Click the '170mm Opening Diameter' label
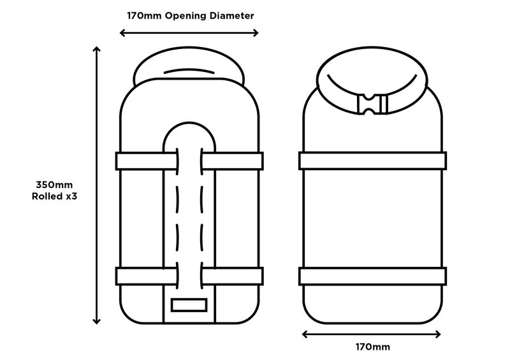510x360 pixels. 189,15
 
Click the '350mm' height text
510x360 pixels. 50,185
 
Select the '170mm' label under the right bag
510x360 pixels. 372,347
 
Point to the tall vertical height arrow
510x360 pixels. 96,185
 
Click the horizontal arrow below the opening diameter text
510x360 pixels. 189,32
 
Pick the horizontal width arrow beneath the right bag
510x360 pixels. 372,333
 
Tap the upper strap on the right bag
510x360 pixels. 372,161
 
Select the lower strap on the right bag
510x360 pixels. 372,276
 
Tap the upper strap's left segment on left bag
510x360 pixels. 145,161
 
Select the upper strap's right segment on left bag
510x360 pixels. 232,161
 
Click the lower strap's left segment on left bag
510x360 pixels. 145,276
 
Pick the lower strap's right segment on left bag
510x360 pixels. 232,276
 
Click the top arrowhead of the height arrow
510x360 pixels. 96,50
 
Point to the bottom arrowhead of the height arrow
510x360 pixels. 96,320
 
